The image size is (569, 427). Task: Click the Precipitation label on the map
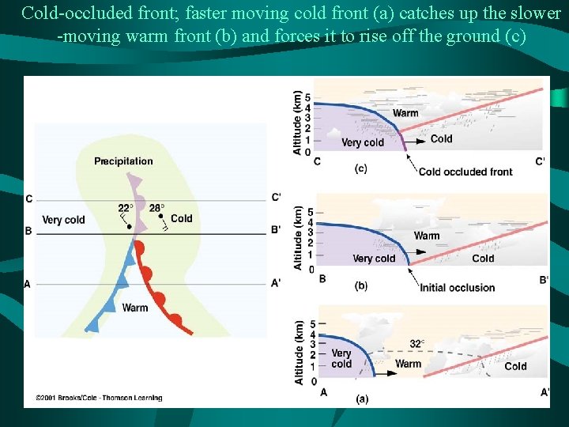[x=123, y=161]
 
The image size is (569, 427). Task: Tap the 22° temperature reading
[x=124, y=208]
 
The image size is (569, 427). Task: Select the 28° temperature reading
[x=156, y=208]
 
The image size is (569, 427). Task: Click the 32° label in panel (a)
[x=417, y=344]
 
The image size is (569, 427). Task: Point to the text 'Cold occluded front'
[x=465, y=172]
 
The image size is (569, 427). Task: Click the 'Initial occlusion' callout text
[x=457, y=287]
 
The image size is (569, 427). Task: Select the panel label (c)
[x=360, y=168]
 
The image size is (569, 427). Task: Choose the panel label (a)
[x=361, y=399]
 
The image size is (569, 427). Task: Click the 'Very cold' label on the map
[x=63, y=220]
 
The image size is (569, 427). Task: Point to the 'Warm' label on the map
[x=134, y=308]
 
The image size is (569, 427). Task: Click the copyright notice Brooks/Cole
[x=99, y=398]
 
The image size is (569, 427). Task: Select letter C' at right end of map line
[x=276, y=198]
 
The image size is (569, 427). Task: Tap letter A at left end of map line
[x=28, y=284]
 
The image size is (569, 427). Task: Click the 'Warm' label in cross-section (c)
[x=405, y=113]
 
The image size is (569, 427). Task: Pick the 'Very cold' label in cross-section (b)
[x=374, y=259]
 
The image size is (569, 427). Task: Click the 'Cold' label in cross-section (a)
[x=515, y=366]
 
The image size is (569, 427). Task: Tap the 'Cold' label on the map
[x=181, y=219]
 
